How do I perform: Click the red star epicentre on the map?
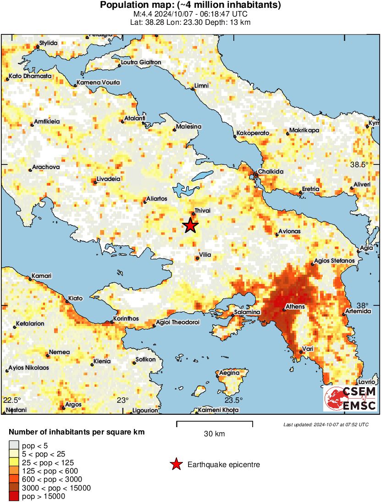pos(190,226)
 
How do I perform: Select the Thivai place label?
pos(202,210)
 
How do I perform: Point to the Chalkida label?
pos(271,171)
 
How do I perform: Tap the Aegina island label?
pos(229,372)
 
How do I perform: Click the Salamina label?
pos(247,312)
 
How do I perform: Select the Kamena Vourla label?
pos(98,83)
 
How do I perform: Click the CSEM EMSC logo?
pos(351,398)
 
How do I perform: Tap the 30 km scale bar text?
pos(214,434)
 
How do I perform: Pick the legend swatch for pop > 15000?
pos(15,496)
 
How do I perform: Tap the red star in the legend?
pos(176,465)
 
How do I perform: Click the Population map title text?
pos(190,5)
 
